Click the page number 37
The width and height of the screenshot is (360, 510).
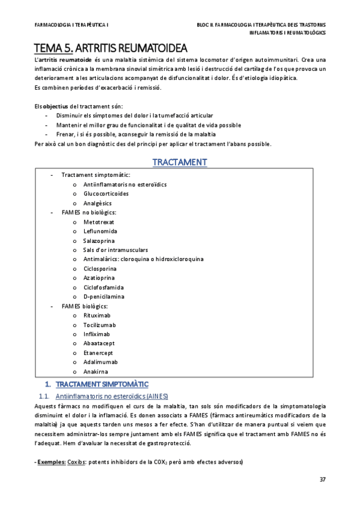(322, 479)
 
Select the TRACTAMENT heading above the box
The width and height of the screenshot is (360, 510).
(180, 162)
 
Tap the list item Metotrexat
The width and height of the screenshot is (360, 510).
(99, 222)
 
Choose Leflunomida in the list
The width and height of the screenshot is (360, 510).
(100, 231)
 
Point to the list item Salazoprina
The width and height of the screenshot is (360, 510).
(99, 241)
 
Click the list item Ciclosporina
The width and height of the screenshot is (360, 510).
(100, 268)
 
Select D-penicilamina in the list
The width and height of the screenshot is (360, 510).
(104, 296)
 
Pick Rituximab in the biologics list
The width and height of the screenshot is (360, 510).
(97, 315)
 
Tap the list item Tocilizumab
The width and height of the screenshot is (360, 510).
(100, 325)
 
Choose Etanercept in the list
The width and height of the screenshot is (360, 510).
(98, 352)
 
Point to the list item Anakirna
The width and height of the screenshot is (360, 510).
(96, 371)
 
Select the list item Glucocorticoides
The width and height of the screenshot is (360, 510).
(106, 194)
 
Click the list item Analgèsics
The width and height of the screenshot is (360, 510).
(98, 203)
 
